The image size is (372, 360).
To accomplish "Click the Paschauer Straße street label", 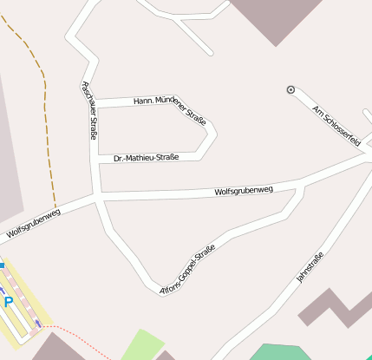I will click(88, 110).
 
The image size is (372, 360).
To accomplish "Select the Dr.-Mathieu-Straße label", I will click(146, 158).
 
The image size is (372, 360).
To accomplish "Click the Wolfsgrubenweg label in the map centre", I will click(244, 190).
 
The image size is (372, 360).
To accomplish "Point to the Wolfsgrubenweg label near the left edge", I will click(34, 223).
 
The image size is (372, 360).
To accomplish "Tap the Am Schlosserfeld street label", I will click(336, 127).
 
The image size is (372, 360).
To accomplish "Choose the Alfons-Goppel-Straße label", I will click(187, 270).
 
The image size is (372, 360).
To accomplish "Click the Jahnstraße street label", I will click(310, 266).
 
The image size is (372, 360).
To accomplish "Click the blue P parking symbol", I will click(8, 302).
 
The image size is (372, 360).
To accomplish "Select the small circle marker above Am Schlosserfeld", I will click(290, 89).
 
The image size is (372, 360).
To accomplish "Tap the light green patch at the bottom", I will click(140, 344).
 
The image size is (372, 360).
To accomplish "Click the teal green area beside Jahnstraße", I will click(279, 352).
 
